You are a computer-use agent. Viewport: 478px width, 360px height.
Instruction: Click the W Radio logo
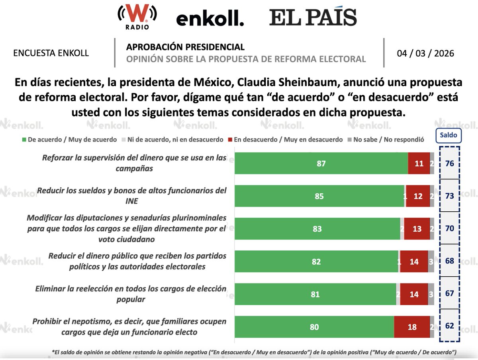coord(137,17)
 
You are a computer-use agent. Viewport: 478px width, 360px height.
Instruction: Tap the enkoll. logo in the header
coord(210,18)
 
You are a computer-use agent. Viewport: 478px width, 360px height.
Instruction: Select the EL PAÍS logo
coord(313,18)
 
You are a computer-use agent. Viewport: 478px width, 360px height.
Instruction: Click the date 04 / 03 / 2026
coord(425,53)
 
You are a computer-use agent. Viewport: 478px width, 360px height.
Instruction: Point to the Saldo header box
coord(449,136)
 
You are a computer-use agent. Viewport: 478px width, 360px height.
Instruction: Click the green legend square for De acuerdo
coord(24,140)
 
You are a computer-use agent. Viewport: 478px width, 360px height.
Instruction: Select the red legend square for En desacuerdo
coord(230,140)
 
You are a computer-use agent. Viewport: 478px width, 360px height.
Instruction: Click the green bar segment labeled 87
coord(321,163)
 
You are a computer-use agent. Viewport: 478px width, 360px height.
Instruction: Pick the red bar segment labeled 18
coord(412,327)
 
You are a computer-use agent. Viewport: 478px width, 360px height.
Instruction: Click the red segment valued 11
coord(419,163)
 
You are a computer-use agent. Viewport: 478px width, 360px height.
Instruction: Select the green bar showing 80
coord(314,327)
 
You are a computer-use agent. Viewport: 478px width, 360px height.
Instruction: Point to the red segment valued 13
coord(417,229)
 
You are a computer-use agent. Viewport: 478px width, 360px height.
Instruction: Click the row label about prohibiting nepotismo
coord(129,327)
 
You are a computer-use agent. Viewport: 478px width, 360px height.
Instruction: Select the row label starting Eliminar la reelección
coord(131,294)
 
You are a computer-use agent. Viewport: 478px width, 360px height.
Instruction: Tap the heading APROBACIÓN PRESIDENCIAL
coord(185,47)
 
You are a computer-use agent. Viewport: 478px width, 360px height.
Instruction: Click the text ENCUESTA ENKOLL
coord(51,53)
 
